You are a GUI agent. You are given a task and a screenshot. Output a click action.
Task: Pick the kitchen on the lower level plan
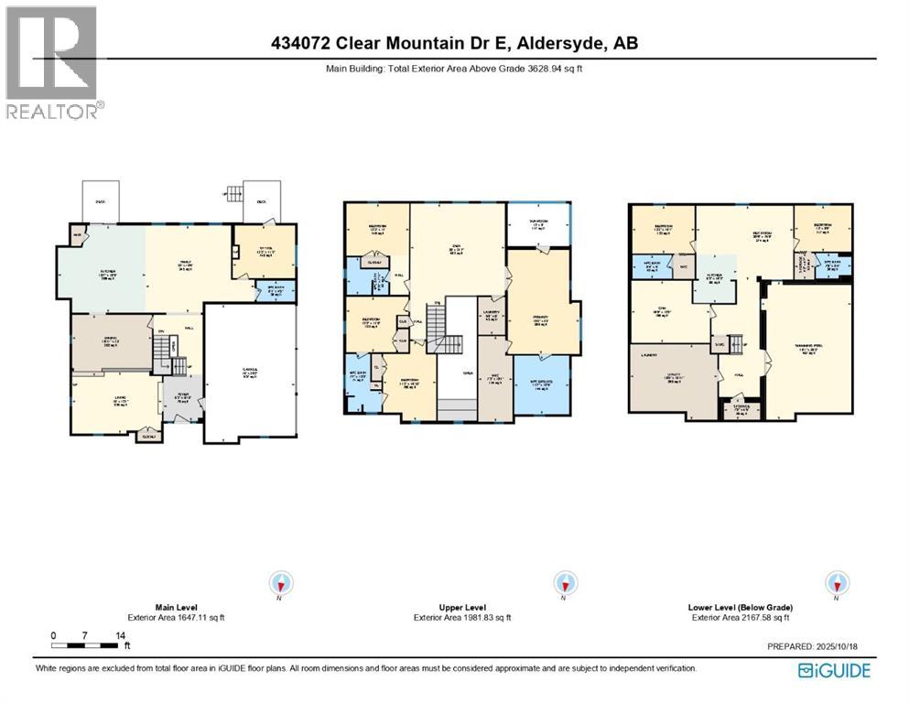click(716, 279)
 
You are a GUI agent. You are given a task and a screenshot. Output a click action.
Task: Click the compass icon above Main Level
click(281, 583)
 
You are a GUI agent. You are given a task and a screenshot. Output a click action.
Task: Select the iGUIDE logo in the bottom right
click(834, 671)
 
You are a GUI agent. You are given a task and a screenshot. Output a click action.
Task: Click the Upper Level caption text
click(462, 607)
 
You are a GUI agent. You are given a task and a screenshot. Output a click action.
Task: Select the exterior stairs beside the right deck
click(234, 195)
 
